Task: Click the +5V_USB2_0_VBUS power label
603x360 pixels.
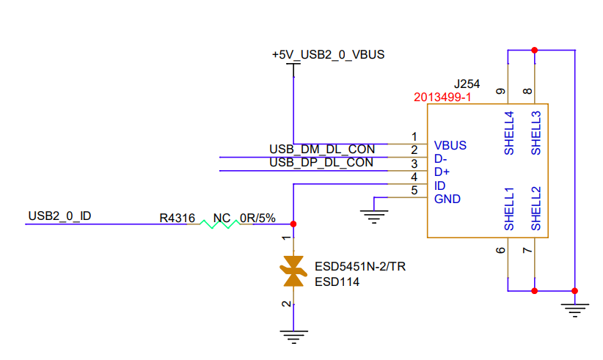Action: point(328,54)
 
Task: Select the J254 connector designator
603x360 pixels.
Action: point(467,83)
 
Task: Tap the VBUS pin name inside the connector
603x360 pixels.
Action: point(450,145)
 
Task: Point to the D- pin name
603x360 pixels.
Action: point(441,158)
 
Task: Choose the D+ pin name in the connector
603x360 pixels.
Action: point(442,172)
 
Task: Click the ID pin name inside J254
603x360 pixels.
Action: point(439,185)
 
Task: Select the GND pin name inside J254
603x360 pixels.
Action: point(447,199)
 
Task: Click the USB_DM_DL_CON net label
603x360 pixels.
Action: point(321,150)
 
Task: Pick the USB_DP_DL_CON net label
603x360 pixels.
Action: point(321,163)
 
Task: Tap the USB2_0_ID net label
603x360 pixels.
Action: point(59,216)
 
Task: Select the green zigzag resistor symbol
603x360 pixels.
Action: point(220,224)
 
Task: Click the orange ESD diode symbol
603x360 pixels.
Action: point(293,271)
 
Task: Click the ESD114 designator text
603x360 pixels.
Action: point(337,281)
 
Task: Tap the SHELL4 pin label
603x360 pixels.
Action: point(508,133)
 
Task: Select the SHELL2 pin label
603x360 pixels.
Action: point(536,209)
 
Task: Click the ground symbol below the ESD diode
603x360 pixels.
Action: point(293,337)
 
